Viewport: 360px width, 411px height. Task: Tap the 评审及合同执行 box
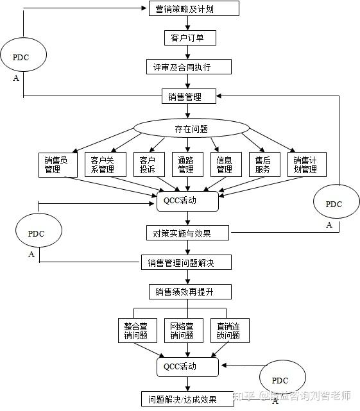[187, 67]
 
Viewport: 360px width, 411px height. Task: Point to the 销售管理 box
[187, 97]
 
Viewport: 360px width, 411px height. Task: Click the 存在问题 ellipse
[191, 128]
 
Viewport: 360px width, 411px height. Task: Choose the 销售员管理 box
[58, 164]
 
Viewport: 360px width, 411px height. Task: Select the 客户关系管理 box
[103, 164]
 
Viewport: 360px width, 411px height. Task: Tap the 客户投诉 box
[148, 164]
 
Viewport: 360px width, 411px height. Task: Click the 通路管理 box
[186, 164]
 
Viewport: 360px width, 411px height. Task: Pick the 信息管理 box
[225, 164]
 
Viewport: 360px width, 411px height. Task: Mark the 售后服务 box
[263, 164]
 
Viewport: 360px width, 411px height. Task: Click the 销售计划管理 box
[306, 164]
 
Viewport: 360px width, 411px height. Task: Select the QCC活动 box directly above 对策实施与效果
[187, 201]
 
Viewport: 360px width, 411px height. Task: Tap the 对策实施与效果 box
[187, 232]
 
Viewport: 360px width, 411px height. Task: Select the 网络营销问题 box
[184, 330]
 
